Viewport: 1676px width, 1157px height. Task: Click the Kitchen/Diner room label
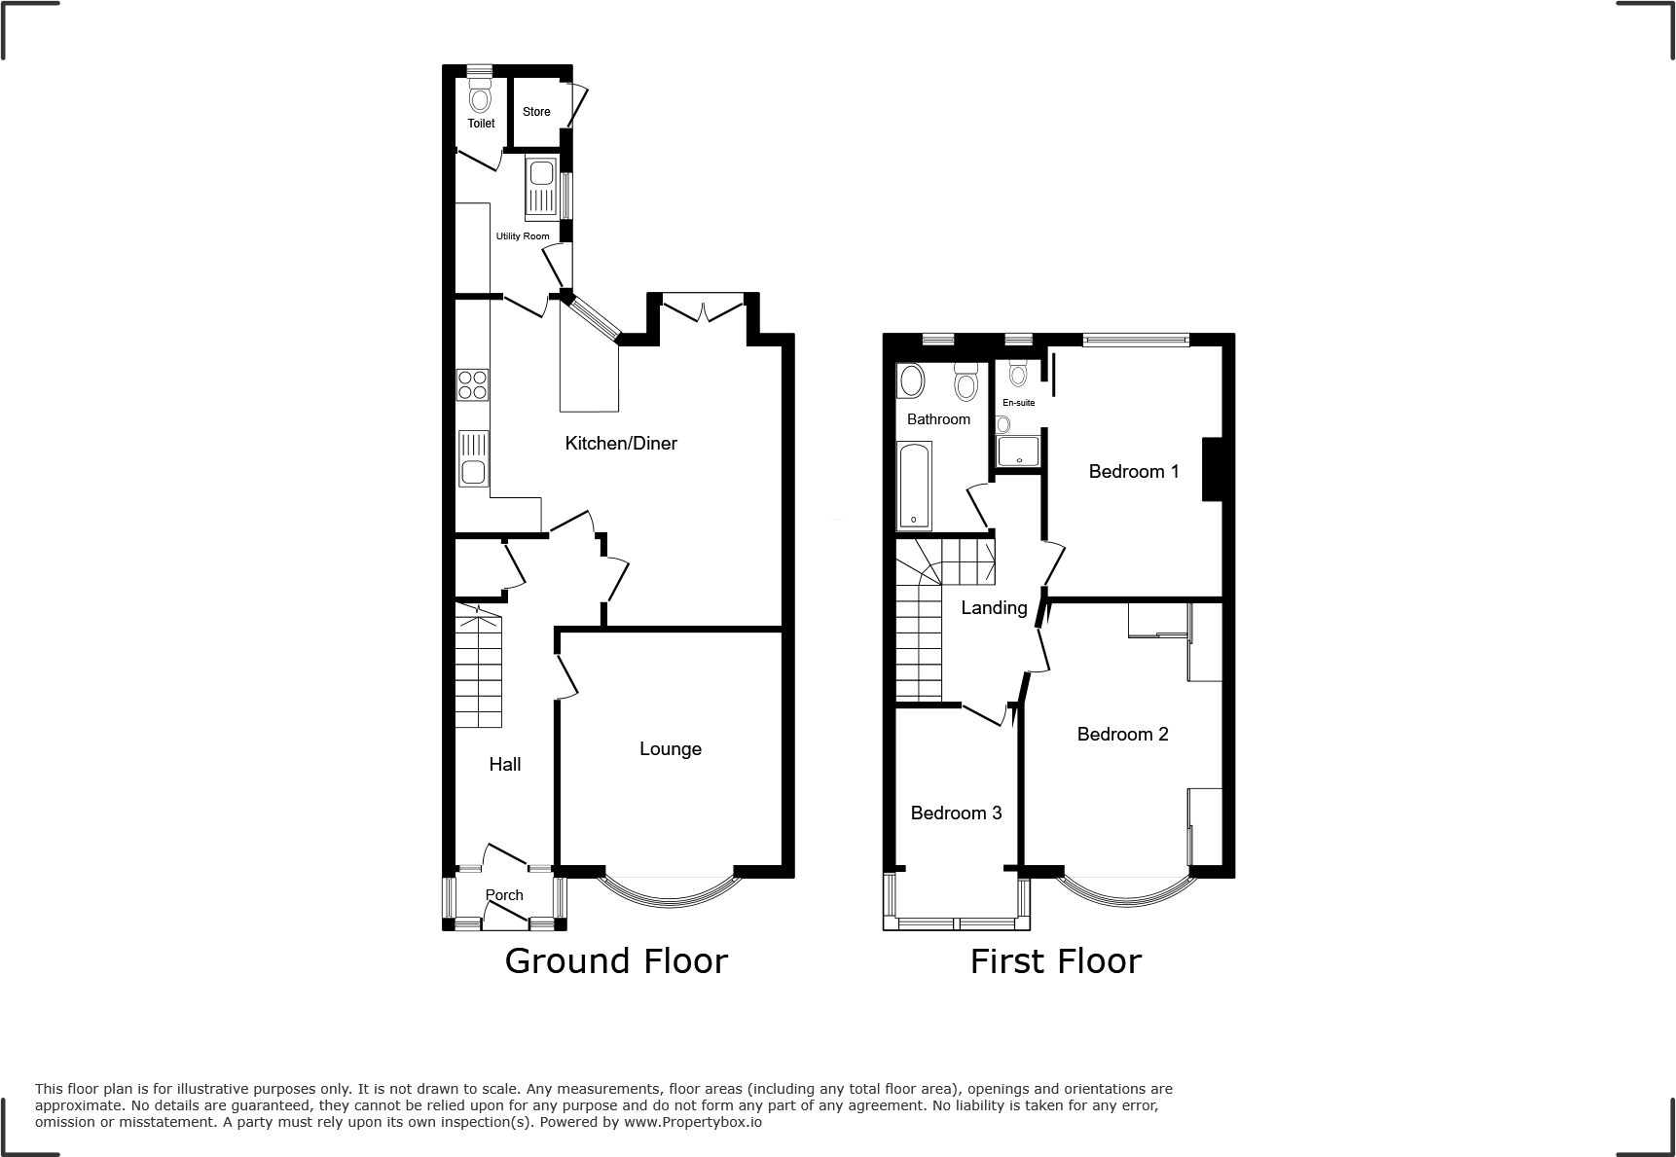pyautogui.click(x=621, y=444)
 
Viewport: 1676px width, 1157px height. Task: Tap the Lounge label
pyautogui.click(x=670, y=749)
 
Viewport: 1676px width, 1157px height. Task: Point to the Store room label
pyautogui.click(x=536, y=112)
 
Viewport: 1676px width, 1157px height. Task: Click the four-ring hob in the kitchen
pyautogui.click(x=472, y=385)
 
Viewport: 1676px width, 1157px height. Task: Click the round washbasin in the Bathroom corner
pyautogui.click(x=911, y=381)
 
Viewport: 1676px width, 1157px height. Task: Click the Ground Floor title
pyautogui.click(x=616, y=961)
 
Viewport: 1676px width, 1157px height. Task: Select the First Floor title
pyautogui.click(x=1055, y=961)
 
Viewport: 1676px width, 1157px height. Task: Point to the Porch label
pyautogui.click(x=504, y=895)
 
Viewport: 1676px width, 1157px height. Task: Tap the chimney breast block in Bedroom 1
pyautogui.click(x=1212, y=470)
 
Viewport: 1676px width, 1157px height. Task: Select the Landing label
pyautogui.click(x=994, y=608)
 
